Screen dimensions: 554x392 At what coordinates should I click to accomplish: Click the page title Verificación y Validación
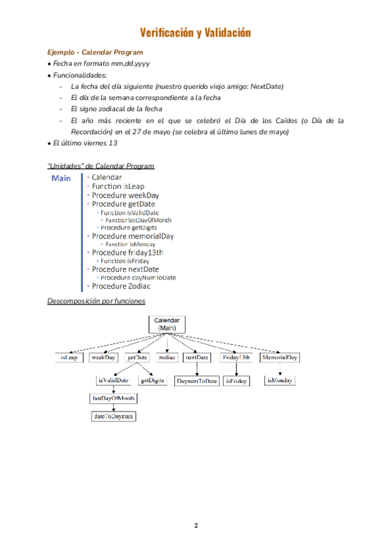(196, 33)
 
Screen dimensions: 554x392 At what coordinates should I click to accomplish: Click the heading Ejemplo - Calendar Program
(95, 52)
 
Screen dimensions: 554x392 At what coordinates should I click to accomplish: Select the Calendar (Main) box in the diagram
(167, 324)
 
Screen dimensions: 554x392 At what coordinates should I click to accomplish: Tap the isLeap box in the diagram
(69, 358)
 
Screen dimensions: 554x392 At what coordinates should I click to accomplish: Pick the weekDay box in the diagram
(103, 358)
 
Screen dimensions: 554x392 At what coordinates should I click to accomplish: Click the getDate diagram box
(138, 358)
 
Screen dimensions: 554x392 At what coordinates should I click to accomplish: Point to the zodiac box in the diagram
(167, 358)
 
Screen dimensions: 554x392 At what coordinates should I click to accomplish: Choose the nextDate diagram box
(197, 358)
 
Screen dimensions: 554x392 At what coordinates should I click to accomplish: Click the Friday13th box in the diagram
(237, 358)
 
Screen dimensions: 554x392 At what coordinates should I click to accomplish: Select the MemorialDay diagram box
(280, 358)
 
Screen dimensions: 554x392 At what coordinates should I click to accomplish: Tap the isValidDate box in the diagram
(113, 380)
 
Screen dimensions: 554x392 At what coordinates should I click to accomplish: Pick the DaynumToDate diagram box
(197, 380)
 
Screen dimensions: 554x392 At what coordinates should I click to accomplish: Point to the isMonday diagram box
(280, 380)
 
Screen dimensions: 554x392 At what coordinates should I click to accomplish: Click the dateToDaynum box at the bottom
(114, 415)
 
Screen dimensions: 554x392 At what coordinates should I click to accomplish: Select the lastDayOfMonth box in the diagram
(113, 398)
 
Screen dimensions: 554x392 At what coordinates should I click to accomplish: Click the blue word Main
(61, 178)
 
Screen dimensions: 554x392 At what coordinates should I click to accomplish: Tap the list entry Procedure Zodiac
(121, 286)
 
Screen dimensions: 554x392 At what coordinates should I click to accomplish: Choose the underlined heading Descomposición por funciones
(96, 301)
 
